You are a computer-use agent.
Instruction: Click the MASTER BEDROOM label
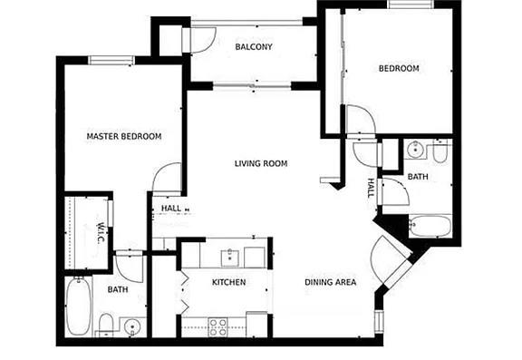[x=124, y=136]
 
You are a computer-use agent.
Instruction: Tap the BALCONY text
[x=254, y=46]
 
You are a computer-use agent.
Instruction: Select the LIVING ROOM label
[x=261, y=163]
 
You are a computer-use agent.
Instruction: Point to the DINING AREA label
[x=330, y=282]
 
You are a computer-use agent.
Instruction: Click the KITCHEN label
[x=229, y=282]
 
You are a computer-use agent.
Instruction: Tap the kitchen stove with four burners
[x=218, y=327]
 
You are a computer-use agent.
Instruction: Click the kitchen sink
[x=229, y=258]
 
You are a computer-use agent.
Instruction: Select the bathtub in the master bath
[x=79, y=306]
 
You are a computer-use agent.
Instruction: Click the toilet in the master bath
[x=106, y=325]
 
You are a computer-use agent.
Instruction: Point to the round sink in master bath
[x=132, y=326]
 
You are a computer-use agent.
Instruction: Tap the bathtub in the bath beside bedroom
[x=430, y=226]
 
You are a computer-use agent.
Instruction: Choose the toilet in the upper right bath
[x=440, y=152]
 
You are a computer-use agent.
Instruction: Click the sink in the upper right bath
[x=415, y=149]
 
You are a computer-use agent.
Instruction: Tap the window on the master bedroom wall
[x=111, y=60]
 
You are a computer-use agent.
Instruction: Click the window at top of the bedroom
[x=411, y=4]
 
